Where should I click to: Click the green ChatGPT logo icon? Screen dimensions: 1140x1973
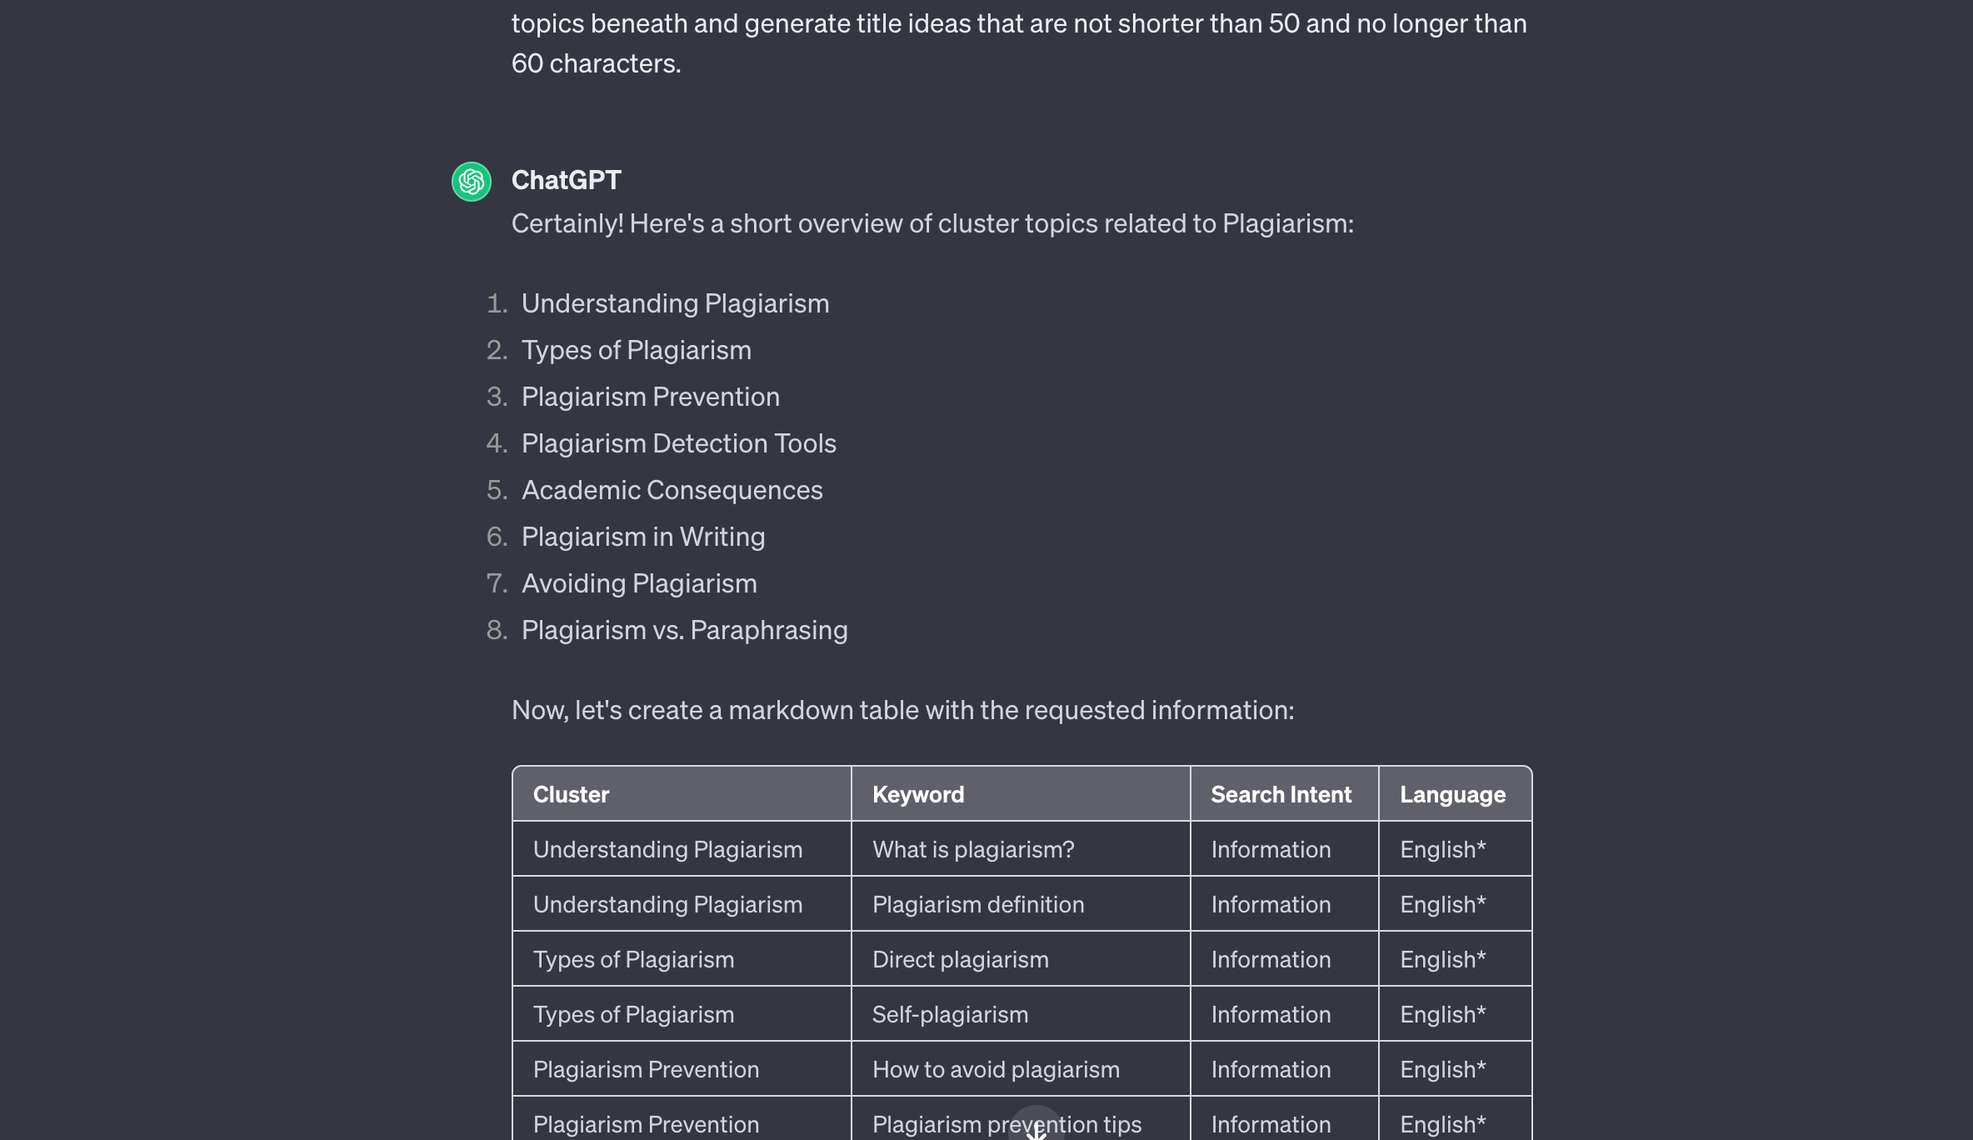click(x=472, y=182)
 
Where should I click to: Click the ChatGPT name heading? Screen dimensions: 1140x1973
click(x=566, y=180)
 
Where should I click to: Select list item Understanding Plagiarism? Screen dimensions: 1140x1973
click(x=675, y=303)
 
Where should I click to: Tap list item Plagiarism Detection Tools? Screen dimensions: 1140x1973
click(x=678, y=443)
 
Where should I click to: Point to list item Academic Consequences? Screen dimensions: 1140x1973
click(x=672, y=490)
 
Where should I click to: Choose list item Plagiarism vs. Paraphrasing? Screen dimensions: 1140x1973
click(x=684, y=630)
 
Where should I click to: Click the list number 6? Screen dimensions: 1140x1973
click(x=497, y=537)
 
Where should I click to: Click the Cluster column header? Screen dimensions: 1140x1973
click(x=571, y=794)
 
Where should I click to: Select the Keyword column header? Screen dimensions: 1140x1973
click(x=918, y=794)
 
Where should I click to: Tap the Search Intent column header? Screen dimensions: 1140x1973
click(x=1281, y=794)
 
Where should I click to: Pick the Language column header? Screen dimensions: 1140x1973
click(x=1452, y=794)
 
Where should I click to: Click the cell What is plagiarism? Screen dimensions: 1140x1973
click(x=973, y=849)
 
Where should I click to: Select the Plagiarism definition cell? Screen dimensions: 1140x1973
click(x=978, y=904)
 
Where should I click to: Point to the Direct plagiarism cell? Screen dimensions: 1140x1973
click(x=960, y=959)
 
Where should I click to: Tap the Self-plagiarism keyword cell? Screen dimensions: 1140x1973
click(x=950, y=1014)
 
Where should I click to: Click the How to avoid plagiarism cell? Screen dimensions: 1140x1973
click(x=996, y=1069)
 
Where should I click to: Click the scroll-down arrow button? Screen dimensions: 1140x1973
click(x=1036, y=1127)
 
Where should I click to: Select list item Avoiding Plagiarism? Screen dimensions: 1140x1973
click(x=639, y=583)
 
